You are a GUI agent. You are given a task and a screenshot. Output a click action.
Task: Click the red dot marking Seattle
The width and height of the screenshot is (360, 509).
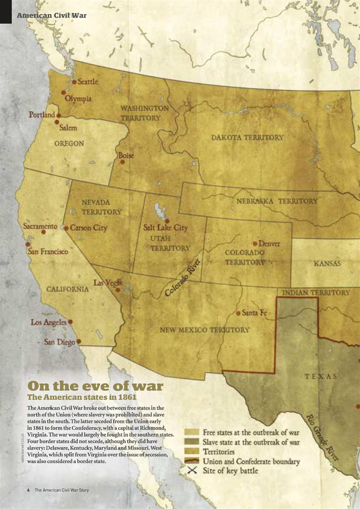pos(74,82)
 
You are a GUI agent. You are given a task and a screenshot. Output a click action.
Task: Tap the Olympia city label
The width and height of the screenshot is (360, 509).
pos(78,98)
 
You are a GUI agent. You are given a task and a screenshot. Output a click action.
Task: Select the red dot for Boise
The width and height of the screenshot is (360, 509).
pos(122,162)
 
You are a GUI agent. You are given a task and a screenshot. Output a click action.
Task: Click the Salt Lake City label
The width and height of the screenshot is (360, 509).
pos(165,228)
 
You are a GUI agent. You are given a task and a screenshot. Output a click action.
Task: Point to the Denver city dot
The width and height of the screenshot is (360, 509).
pos(255,243)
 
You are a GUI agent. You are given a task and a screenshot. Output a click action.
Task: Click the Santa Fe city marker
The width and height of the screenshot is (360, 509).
pos(238,313)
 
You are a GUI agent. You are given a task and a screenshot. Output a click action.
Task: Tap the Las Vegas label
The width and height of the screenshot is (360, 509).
pos(107,283)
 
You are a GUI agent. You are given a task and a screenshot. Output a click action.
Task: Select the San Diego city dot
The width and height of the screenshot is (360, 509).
pos(79,341)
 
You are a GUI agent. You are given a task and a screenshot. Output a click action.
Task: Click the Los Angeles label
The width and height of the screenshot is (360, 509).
pos(48,322)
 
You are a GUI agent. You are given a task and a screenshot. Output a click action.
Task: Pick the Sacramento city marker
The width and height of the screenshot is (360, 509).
pos(44,231)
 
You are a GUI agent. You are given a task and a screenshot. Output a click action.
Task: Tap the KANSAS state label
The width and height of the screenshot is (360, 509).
pos(327,264)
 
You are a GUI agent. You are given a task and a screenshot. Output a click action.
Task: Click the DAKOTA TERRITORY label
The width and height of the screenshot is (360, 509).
pos(247,138)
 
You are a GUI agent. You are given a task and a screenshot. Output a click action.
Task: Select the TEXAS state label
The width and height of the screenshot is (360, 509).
pos(321,376)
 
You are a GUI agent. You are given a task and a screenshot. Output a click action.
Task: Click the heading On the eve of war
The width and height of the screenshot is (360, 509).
pos(95,386)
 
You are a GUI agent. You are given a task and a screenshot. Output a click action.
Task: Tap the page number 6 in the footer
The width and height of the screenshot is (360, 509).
pos(29,490)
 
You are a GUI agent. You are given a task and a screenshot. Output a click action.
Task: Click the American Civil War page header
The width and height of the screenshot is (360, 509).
pos(51,16)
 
